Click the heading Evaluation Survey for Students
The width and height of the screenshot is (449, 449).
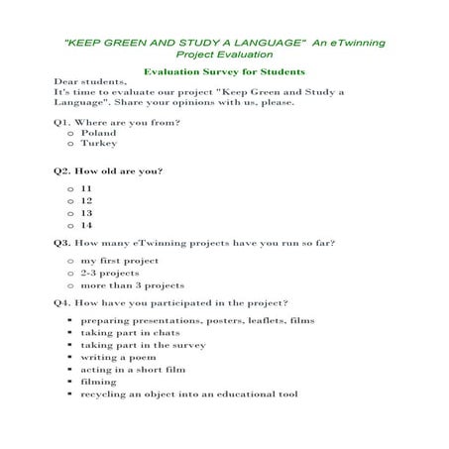223,72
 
